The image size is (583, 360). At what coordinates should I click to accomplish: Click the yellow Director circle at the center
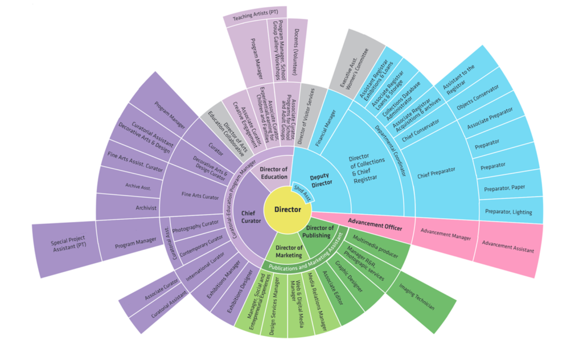pos(288,210)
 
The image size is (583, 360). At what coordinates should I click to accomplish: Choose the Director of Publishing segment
pos(317,231)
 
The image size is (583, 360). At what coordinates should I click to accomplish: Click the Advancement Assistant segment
pos(507,246)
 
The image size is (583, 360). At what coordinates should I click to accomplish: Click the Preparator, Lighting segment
pos(508,211)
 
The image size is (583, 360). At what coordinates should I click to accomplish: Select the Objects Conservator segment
pos(477,97)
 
